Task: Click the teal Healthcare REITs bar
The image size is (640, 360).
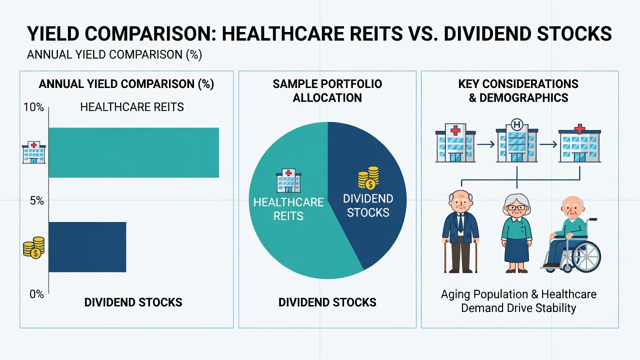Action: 133,152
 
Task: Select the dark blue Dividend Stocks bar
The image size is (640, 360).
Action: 87,247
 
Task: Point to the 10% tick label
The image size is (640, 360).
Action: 33,107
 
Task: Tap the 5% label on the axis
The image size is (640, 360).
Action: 37,201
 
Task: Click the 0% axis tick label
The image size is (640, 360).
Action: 36,294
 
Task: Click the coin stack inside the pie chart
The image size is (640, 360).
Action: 368,177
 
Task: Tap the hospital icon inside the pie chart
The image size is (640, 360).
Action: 288,180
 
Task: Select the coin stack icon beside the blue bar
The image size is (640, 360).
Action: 34,247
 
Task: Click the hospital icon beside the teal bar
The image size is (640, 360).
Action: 33,152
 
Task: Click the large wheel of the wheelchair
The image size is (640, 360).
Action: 586,256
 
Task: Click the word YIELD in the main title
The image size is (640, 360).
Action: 53,33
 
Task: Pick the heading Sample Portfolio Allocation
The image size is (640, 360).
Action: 327,91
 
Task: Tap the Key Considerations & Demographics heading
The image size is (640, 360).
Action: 518,91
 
